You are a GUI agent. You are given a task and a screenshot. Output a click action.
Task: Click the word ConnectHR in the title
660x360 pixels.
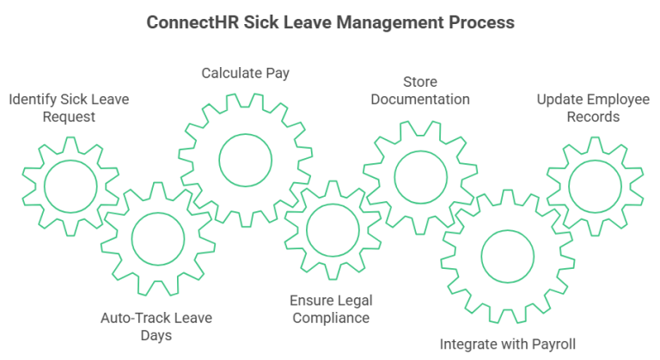click(192, 22)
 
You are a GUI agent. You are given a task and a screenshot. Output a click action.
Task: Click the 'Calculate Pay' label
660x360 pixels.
click(246, 73)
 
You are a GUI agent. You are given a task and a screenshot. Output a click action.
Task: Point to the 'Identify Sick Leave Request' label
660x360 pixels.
click(69, 107)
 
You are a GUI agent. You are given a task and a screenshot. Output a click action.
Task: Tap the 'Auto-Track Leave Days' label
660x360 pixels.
click(156, 326)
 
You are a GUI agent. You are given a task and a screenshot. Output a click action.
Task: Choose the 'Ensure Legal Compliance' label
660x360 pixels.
click(331, 309)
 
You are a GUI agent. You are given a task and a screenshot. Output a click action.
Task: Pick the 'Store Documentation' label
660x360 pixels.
click(420, 90)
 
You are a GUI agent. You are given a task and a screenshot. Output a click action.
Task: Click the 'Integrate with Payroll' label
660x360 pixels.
click(508, 345)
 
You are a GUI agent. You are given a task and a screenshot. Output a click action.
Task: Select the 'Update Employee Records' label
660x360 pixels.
click(593, 107)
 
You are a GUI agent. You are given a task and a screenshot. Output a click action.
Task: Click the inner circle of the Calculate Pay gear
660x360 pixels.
click(246, 134)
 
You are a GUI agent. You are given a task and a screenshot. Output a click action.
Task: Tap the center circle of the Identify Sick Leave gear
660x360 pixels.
click(70, 161)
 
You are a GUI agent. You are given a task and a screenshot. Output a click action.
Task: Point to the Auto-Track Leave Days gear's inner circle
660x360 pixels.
click(158, 213)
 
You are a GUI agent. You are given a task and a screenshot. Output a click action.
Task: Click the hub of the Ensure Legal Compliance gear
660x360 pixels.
click(333, 204)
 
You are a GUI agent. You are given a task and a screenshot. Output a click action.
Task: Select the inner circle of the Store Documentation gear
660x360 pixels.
click(420, 151)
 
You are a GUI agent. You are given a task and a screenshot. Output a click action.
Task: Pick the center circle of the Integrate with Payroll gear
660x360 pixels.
click(508, 230)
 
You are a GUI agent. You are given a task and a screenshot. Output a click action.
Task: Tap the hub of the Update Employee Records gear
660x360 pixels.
click(595, 161)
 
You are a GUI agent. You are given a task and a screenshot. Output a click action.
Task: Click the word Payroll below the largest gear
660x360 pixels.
click(554, 345)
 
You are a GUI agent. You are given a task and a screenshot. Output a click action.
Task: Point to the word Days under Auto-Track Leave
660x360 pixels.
click(156, 336)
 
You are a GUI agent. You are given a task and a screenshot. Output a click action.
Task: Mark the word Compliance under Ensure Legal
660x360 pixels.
click(331, 318)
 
